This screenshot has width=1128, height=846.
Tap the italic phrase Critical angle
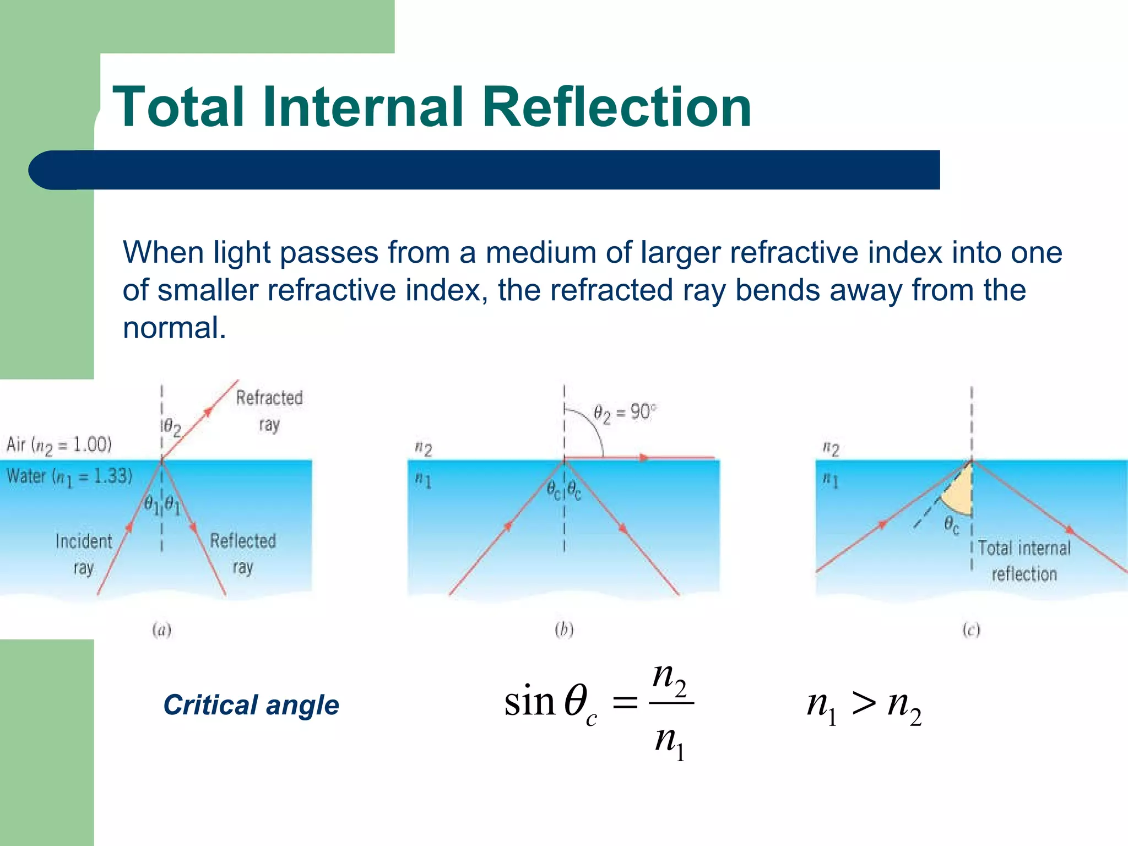(251, 705)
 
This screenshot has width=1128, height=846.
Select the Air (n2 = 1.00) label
(59, 445)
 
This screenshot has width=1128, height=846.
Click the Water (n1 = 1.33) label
(69, 476)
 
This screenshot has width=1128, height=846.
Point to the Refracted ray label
(269, 410)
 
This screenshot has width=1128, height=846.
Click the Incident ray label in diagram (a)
(84, 554)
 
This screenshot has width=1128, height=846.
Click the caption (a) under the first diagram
(161, 630)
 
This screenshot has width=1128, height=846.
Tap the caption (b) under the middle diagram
(564, 630)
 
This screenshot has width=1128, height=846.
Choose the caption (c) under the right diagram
(971, 630)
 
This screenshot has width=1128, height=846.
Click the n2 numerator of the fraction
(669, 679)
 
